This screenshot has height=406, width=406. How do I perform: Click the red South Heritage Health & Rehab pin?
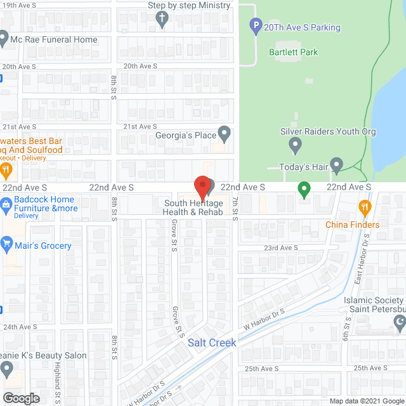pyautogui.click(x=202, y=187)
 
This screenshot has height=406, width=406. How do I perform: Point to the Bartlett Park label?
pyautogui.click(x=293, y=52)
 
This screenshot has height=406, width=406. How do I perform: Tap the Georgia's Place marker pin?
pyautogui.click(x=224, y=134)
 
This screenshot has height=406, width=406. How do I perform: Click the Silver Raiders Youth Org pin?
pyautogui.click(x=295, y=146)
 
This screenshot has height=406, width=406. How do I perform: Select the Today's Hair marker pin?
pyautogui.click(x=337, y=167)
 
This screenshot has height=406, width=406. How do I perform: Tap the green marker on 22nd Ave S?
pyautogui.click(x=304, y=188)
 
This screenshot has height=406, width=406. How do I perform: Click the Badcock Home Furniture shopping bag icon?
pyautogui.click(x=6, y=204)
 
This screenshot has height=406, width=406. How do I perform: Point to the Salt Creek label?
pyautogui.click(x=212, y=343)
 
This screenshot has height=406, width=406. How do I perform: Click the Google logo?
pyautogui.click(x=20, y=398)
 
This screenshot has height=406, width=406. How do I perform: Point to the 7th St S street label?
pyautogui.click(x=234, y=209)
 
